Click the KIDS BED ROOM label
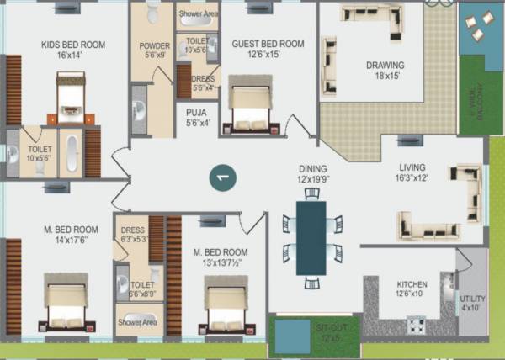coord(73,45)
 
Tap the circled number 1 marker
coord(222,177)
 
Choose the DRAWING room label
coord(385,66)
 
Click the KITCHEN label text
coord(412,285)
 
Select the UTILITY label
coord(472,299)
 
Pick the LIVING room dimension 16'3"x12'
coord(412,178)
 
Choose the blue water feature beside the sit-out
coord(291,336)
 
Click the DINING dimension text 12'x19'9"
coord(311,178)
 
